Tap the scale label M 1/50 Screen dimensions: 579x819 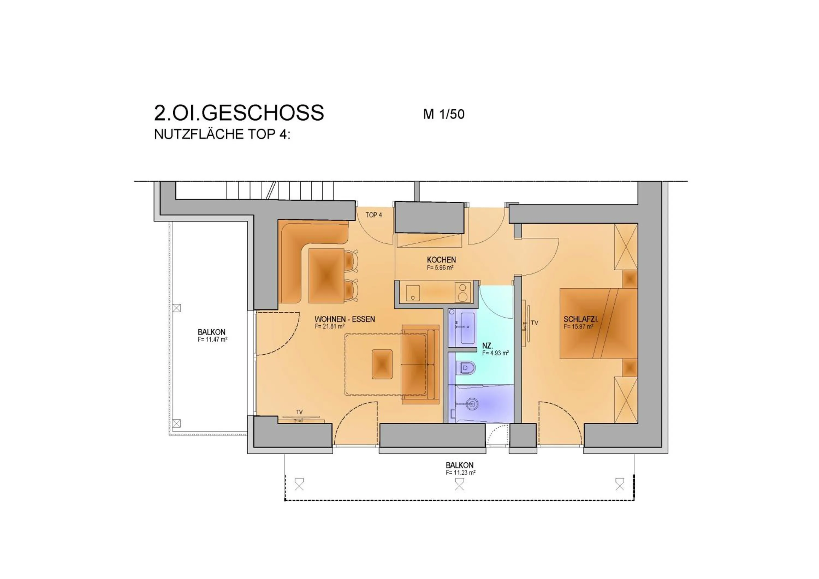click(x=443, y=114)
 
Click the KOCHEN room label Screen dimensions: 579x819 click(x=441, y=260)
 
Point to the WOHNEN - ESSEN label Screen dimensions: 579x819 click(x=345, y=319)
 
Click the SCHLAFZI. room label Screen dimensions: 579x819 click(x=580, y=320)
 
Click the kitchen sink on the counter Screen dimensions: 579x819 click(x=413, y=293)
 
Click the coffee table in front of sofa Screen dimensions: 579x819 click(x=382, y=364)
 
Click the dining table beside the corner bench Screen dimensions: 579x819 click(x=326, y=276)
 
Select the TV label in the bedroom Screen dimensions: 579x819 click(x=534, y=323)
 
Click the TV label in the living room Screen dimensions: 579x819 click(x=299, y=412)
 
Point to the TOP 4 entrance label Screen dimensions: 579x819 click(x=373, y=215)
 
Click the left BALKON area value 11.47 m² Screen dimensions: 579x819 click(x=213, y=339)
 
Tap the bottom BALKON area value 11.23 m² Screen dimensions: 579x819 click(x=460, y=473)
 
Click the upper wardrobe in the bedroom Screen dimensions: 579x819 click(x=626, y=247)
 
